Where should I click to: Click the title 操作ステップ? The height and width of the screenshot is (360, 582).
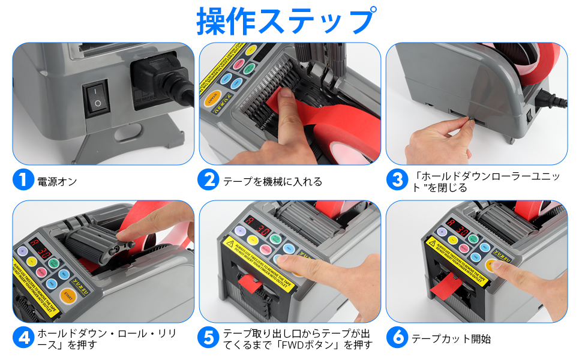tap(287, 21)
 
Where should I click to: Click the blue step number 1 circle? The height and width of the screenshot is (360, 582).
tap(23, 180)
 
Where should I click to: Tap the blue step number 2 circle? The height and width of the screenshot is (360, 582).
tap(208, 180)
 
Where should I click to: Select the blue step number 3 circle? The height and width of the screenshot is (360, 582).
tap(397, 180)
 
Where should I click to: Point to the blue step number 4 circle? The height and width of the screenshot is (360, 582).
tap(23, 337)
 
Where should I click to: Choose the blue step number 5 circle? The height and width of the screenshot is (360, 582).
tap(208, 337)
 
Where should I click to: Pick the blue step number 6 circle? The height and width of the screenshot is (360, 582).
tap(397, 337)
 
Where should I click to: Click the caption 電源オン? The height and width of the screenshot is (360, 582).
tap(57, 181)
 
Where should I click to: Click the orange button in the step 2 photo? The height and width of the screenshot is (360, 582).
tap(214, 100)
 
